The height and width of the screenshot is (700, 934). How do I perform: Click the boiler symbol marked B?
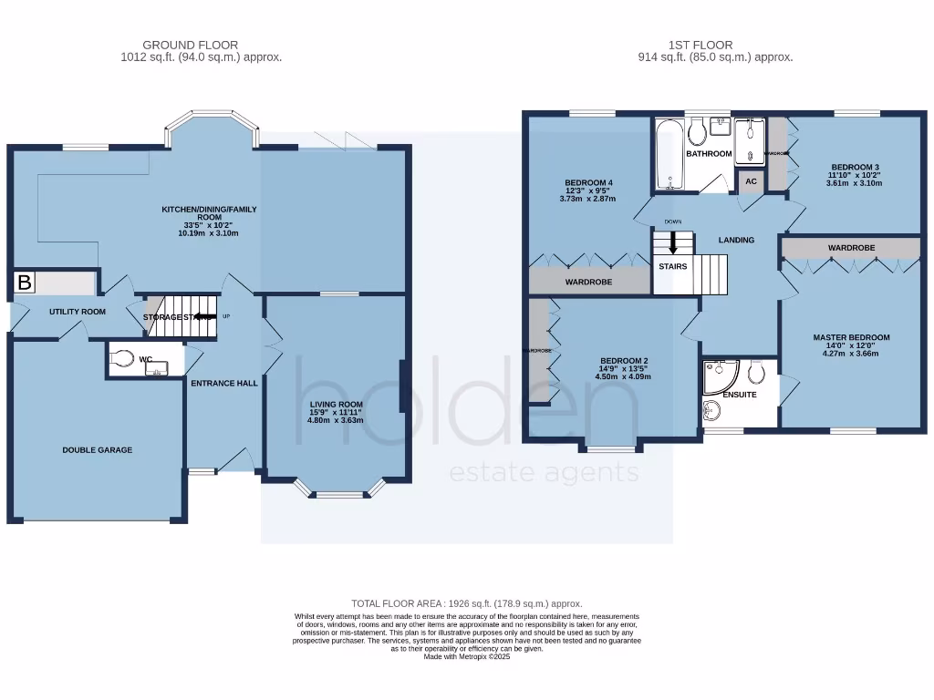[25, 283]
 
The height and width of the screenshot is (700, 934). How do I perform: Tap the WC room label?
[145, 360]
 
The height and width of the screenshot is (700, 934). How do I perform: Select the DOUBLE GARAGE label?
[98, 450]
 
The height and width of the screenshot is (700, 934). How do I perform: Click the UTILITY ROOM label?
[78, 312]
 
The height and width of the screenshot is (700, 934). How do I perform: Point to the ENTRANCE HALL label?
[223, 384]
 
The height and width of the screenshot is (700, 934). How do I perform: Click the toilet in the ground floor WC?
[122, 360]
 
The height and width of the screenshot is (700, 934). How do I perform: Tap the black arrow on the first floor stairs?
[674, 243]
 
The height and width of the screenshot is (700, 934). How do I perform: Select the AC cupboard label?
[751, 181]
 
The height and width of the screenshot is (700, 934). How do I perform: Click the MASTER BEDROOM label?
[851, 337]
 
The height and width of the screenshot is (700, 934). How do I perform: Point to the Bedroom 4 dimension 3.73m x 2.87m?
[588, 199]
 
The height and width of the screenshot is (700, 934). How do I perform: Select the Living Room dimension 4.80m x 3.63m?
[335, 420]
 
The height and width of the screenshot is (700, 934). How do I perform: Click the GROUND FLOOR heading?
[191, 45]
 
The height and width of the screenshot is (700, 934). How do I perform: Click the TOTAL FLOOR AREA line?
[466, 604]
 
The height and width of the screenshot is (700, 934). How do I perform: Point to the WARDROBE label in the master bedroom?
[851, 248]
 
